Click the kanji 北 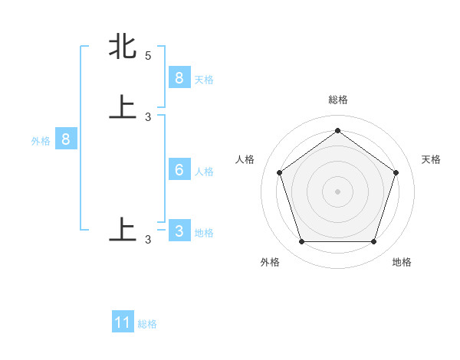coord(123,47)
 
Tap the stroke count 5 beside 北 coord(148,56)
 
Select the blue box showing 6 coord(179,170)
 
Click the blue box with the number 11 coord(123,322)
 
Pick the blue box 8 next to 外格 coord(66,139)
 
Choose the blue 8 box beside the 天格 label coord(179,78)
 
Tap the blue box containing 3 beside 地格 coord(179,231)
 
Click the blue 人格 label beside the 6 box coord(204,172)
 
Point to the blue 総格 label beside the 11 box coord(147,324)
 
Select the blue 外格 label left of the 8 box coord(40,141)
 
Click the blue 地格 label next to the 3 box coord(204,233)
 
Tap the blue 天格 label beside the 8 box coord(204,80)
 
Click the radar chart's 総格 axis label coord(337,100)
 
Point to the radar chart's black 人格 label coord(245,159)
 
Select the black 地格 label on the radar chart coord(402,262)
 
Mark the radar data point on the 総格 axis coord(337,130)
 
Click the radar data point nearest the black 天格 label coord(396,172)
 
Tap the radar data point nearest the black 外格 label coord(301,242)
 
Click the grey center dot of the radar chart coord(337,191)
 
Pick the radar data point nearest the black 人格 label coord(279,172)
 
